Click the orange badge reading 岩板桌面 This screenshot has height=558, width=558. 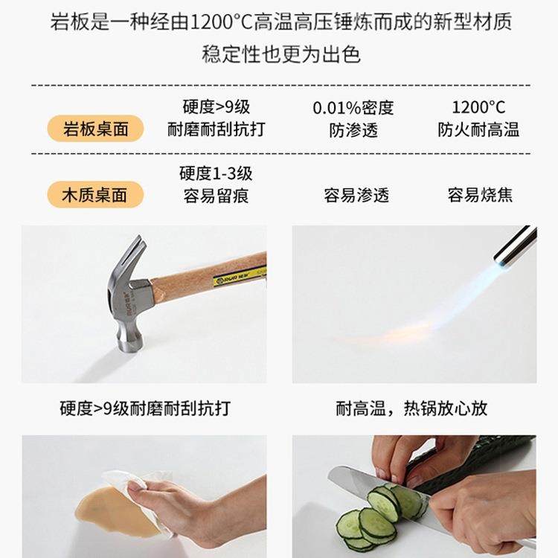[95, 129]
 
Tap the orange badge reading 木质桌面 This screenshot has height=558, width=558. [95, 195]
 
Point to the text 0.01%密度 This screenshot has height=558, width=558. [353, 107]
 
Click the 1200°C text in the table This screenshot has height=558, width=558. [478, 107]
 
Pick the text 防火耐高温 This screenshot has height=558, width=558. [478, 130]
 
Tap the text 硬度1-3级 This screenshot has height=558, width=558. [216, 173]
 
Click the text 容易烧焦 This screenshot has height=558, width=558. [480, 196]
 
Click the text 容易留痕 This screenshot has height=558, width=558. [216, 196]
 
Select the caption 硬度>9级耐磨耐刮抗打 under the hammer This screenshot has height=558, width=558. [145, 408]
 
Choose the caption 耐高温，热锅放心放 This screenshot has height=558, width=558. [411, 408]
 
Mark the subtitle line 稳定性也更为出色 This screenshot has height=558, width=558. [280, 54]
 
